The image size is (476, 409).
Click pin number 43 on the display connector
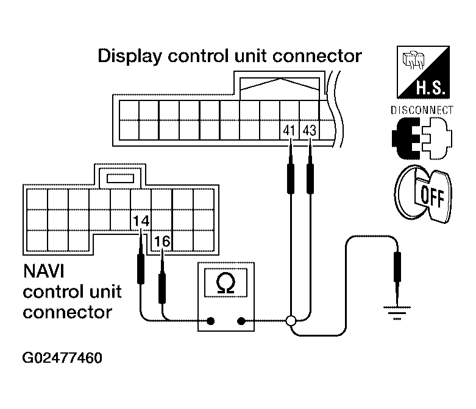[310, 130]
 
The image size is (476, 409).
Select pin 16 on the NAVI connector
[162, 241]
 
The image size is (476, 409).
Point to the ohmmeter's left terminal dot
[211, 321]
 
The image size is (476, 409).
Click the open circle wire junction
[291, 321]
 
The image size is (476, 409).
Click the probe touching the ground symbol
[397, 271]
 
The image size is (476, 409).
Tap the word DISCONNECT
[421, 110]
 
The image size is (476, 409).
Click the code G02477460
[63, 357]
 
